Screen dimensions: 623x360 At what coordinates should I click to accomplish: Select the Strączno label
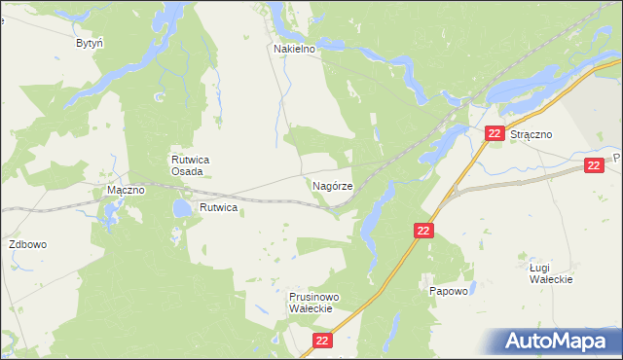tap(531, 135)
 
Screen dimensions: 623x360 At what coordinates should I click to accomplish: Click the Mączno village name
tap(126, 191)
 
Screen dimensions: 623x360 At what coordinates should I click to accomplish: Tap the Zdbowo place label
tap(28, 245)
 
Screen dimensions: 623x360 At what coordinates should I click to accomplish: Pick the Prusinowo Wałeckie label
tap(311, 302)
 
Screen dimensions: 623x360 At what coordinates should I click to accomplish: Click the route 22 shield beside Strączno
tap(495, 134)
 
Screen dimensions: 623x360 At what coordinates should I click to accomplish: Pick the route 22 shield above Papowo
tap(422, 230)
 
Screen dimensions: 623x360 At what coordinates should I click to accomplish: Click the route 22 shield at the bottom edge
tap(323, 340)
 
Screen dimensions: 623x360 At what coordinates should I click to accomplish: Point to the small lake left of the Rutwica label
tap(180, 208)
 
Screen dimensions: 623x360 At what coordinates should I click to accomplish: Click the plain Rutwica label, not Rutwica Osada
tap(219, 207)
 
